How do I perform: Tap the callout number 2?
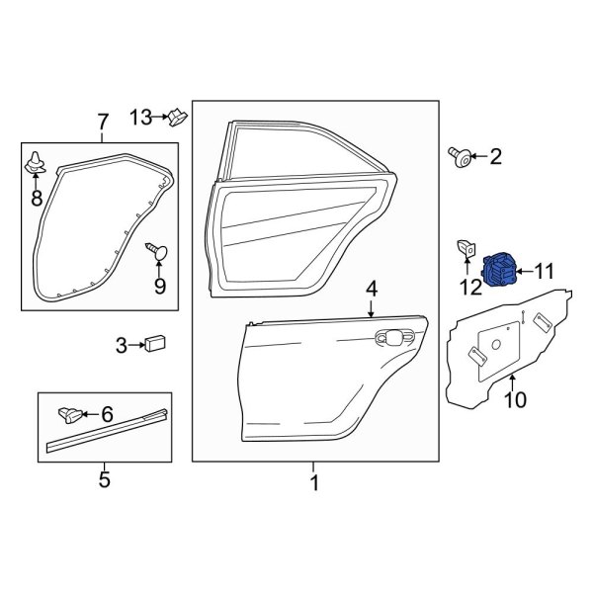[x=495, y=155]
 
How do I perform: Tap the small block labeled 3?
[x=154, y=344]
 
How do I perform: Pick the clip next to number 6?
[x=70, y=413]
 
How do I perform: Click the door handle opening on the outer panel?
[x=393, y=336]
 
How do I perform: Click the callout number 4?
[x=372, y=289]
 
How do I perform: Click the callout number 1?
[x=314, y=483]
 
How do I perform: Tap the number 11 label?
[x=546, y=269]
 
